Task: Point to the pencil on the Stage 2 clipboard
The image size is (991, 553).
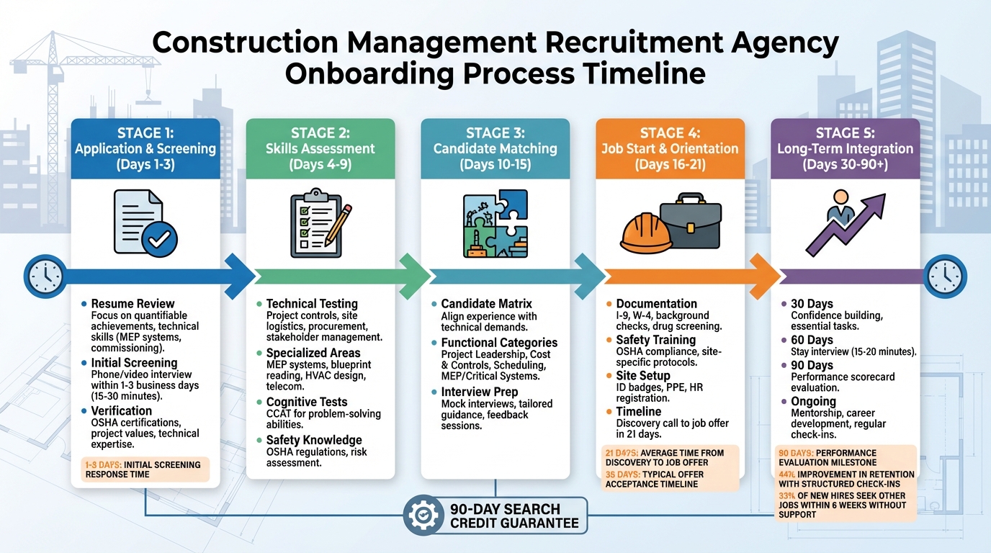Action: coord(338,224)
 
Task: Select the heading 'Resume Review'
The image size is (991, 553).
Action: coord(133,304)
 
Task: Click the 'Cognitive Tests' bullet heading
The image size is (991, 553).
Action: coord(307,402)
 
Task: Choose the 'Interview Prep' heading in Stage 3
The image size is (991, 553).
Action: coord(479,392)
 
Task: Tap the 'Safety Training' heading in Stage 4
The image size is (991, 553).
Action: coord(655,340)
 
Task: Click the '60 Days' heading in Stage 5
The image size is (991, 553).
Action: coord(812,340)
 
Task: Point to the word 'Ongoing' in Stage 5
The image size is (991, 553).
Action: coord(813,401)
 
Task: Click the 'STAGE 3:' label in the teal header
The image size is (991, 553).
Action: coord(495,132)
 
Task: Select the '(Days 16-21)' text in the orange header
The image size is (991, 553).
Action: coord(670,165)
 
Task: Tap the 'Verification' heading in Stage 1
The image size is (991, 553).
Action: coord(122,410)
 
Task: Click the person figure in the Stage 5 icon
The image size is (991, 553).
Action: coord(840,207)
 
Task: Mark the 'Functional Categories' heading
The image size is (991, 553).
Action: coord(499,343)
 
